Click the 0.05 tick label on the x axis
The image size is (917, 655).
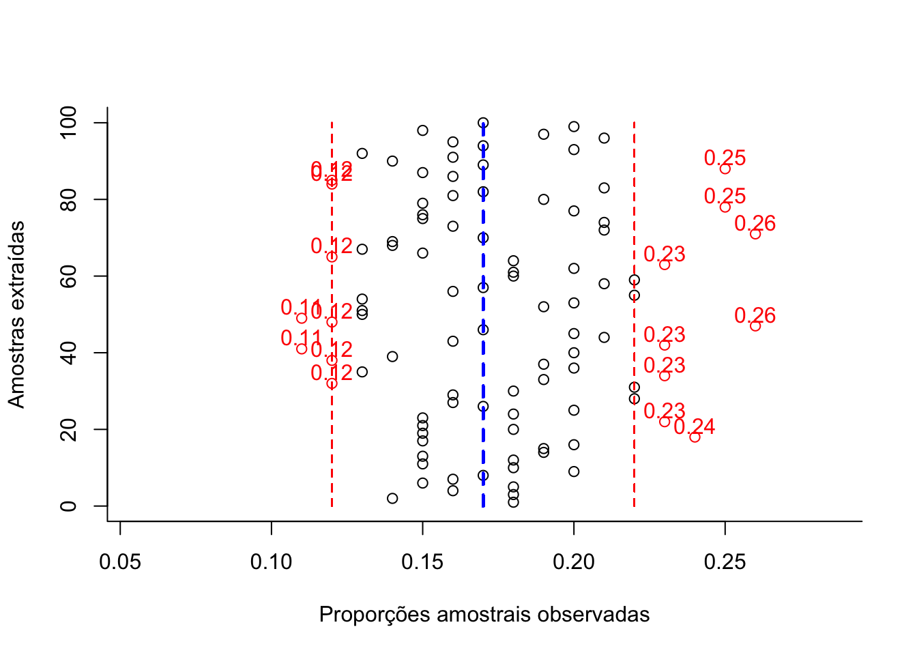coord(120,562)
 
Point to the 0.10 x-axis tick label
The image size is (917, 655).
coord(272,562)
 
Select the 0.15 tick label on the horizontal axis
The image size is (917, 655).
coord(422,562)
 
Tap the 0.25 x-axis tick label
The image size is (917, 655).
coord(725,562)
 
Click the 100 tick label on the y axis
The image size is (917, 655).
coord(68,123)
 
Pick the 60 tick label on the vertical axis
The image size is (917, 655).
coord(68,276)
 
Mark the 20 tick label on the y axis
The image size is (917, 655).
coord(68,429)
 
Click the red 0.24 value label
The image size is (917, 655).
coord(695,426)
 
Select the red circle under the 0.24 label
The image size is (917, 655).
coord(695,437)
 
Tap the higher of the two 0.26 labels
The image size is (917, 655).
coord(755,223)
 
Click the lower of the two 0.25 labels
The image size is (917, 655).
coord(725,196)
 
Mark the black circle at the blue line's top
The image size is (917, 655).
coord(483,123)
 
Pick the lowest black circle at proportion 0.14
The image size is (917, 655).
coord(392,498)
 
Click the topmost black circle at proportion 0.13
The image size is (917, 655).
coord(362,154)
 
